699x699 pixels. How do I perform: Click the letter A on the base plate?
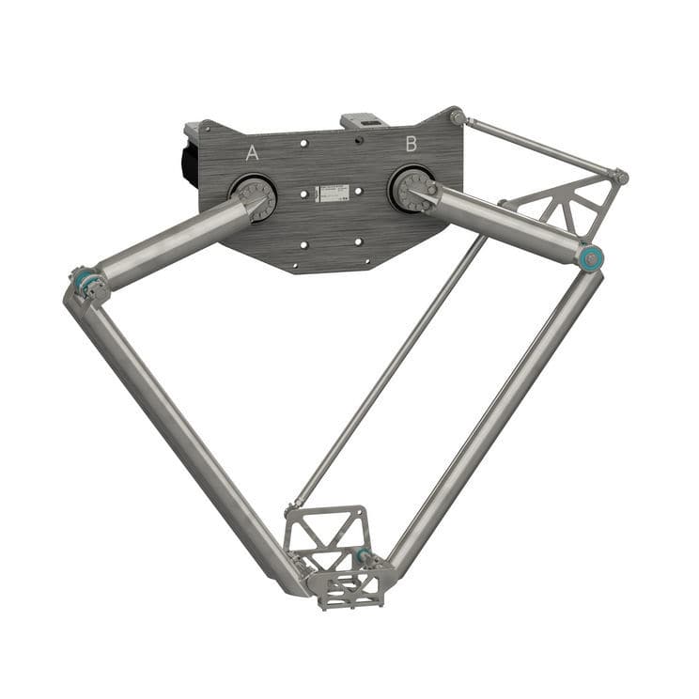(x=252, y=153)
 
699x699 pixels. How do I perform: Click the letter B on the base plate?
(x=411, y=144)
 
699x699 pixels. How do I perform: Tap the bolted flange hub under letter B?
(x=412, y=189)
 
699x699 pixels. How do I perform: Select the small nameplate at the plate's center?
(x=332, y=192)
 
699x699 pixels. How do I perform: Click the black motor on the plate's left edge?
(x=190, y=158)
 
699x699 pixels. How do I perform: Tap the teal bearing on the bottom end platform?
(x=363, y=555)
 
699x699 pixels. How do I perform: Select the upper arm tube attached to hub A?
(x=173, y=243)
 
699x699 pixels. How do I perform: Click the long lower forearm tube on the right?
(x=498, y=413)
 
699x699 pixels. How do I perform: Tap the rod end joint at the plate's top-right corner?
(x=458, y=117)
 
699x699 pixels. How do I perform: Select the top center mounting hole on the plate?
(x=303, y=144)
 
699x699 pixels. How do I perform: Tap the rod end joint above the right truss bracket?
(x=620, y=177)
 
